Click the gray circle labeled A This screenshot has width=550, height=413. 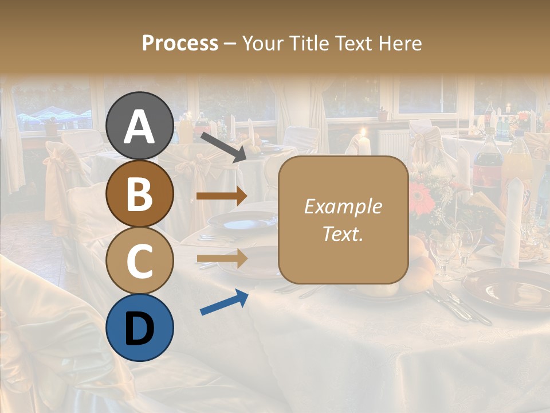tap(139, 126)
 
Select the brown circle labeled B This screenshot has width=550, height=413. tap(139, 193)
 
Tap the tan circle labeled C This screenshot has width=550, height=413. tap(139, 260)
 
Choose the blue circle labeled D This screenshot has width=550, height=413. tap(139, 328)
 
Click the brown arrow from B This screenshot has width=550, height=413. tap(221, 196)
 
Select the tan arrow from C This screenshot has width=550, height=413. tap(221, 258)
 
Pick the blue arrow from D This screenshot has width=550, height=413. tap(224, 302)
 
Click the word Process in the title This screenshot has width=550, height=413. tap(180, 43)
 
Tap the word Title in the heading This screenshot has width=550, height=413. tap(311, 43)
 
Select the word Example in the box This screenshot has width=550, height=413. tap(343, 206)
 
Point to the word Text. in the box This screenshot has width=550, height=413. tap(343, 233)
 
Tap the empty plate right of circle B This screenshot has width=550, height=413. tap(243, 220)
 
